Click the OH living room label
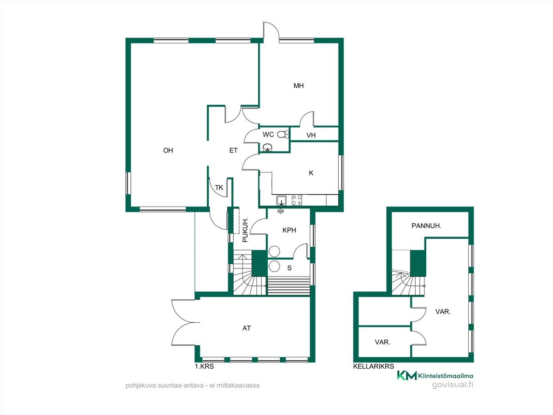pyautogui.click(x=168, y=150)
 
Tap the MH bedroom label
pyautogui.click(x=299, y=86)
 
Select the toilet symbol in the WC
pyautogui.click(x=283, y=134)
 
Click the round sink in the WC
pyautogui.click(x=267, y=147)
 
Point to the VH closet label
pyautogui.click(x=311, y=135)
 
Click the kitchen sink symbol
pyautogui.click(x=281, y=201)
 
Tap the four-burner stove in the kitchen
pyautogui.click(x=297, y=200)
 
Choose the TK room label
pyautogui.click(x=219, y=188)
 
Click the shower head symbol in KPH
pyautogui.click(x=280, y=211)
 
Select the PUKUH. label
pyautogui.click(x=245, y=230)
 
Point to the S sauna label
pyautogui.click(x=289, y=268)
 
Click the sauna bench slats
pyautogui.click(x=289, y=286)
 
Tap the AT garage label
pyautogui.click(x=247, y=328)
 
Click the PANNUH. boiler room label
pyautogui.click(x=426, y=226)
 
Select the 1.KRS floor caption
pyautogui.click(x=204, y=367)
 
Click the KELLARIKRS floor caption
pyautogui.click(x=373, y=367)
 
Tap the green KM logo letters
pyautogui.click(x=406, y=375)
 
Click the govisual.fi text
pyautogui.click(x=453, y=385)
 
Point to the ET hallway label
pyautogui.click(x=233, y=150)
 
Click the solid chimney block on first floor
pyautogui.click(x=259, y=263)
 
